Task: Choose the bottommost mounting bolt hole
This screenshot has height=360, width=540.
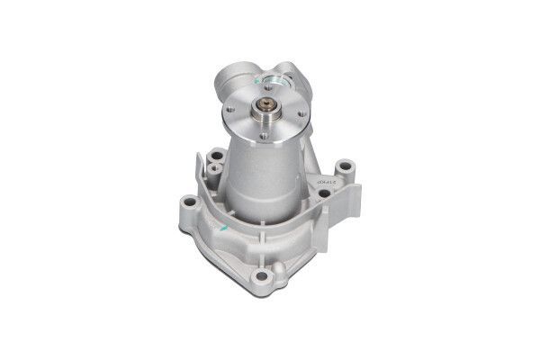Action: (264, 275)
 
